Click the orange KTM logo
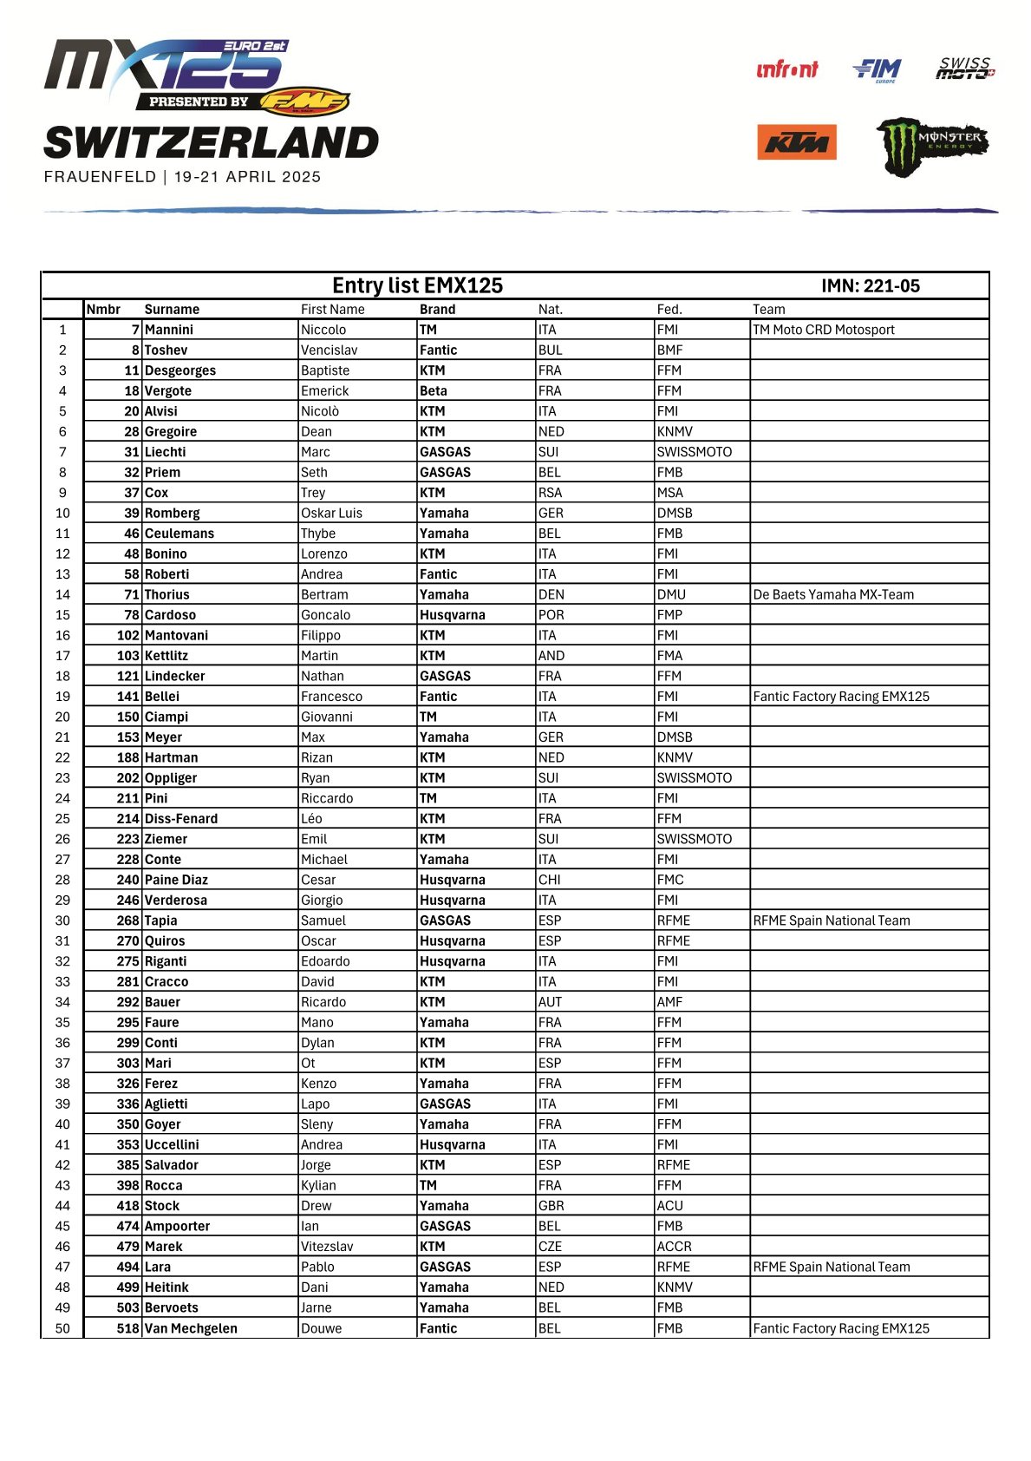[x=796, y=142]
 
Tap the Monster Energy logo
[x=931, y=145]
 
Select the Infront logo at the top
[x=786, y=69]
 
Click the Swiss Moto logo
[x=965, y=69]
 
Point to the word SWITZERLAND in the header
[x=211, y=143]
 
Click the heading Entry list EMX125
[x=417, y=285]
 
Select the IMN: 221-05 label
[x=870, y=285]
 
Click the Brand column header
[x=437, y=309]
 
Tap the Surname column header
[x=172, y=309]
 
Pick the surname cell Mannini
[x=169, y=330]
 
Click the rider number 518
[x=127, y=1328]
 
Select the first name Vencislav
[x=329, y=350]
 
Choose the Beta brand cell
[x=433, y=390]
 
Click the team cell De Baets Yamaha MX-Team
[x=832, y=594]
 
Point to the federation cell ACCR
[x=674, y=1247]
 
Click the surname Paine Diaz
[x=176, y=880]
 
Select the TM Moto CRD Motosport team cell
[x=823, y=330]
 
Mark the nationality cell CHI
[x=549, y=880]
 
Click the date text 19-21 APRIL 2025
[x=247, y=177]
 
